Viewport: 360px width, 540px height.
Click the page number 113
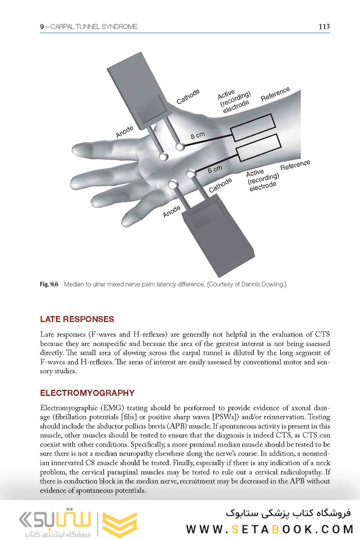(323, 26)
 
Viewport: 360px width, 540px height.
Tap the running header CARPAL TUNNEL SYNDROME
(92, 26)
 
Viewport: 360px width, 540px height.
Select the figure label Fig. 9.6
(49, 284)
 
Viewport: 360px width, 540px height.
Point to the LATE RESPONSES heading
(77, 319)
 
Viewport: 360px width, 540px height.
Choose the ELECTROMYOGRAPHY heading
(87, 393)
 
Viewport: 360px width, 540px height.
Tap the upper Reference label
(275, 93)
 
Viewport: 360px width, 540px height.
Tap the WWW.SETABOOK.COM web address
(269, 528)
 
